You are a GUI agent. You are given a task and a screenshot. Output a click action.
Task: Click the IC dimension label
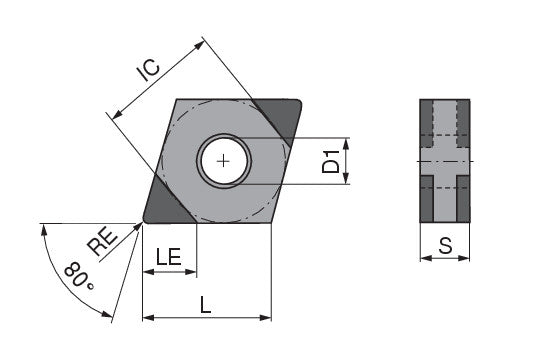(149, 70)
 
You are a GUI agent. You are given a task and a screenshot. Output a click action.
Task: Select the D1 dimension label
(331, 162)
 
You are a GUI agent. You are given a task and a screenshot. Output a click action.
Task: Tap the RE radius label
(102, 242)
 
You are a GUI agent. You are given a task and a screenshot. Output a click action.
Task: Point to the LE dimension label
(169, 256)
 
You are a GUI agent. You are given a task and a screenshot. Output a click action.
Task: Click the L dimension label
(205, 305)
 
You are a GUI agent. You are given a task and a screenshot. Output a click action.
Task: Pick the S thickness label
(445, 246)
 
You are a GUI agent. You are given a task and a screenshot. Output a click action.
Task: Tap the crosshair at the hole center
(223, 162)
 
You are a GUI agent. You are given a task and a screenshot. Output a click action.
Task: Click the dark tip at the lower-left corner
(164, 204)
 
